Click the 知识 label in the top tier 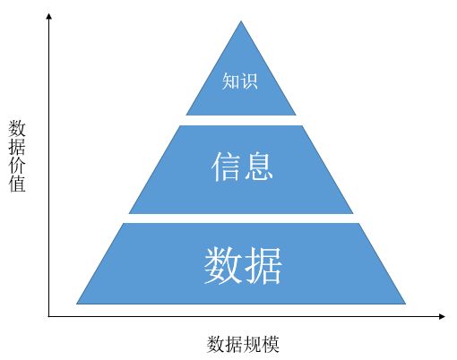click(x=239, y=81)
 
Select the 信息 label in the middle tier click(x=242, y=167)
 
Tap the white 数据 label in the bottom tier click(x=243, y=265)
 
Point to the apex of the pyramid click(x=241, y=21)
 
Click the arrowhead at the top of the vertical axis click(x=49, y=16)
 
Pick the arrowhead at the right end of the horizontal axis click(x=442, y=316)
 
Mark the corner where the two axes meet click(x=49, y=316)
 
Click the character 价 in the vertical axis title click(x=17, y=165)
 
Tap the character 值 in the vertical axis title click(x=17, y=183)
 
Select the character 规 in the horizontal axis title click(x=252, y=344)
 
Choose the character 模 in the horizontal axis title click(x=271, y=344)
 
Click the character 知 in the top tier click(x=230, y=81)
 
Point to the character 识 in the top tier click(x=249, y=81)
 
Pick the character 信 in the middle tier click(x=226, y=167)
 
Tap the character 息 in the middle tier click(x=258, y=167)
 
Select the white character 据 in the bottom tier click(x=263, y=265)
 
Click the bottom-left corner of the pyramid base click(x=76, y=304)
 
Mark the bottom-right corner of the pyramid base click(x=406, y=304)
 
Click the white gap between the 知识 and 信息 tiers click(x=241, y=120)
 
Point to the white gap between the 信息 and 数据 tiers click(x=241, y=219)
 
